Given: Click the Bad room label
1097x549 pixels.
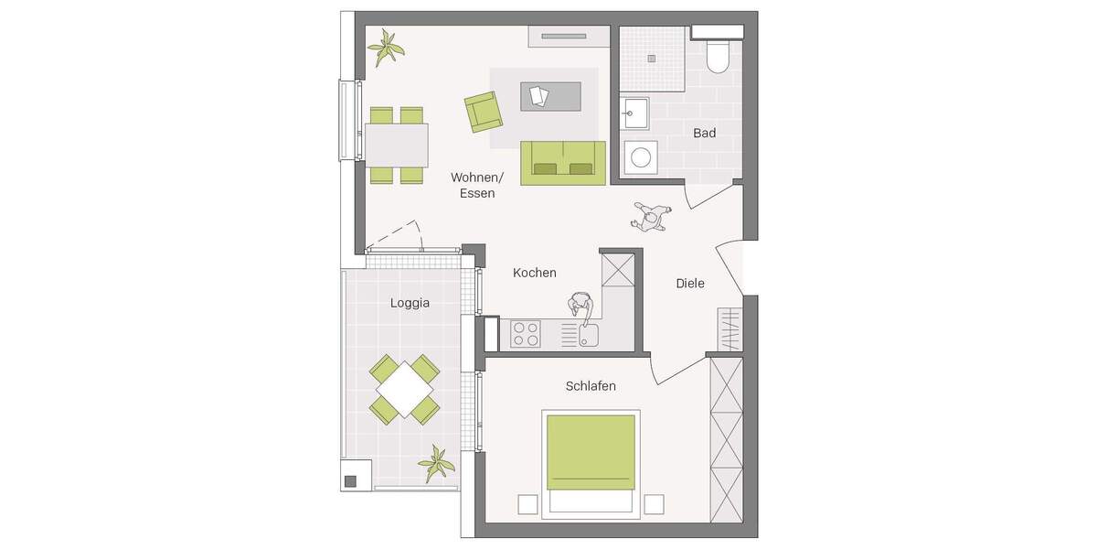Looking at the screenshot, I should coord(704,134).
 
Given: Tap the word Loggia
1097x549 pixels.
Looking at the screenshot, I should coord(410,303).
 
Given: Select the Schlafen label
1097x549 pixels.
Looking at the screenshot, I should coord(591,386).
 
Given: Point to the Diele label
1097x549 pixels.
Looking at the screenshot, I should coord(690,284).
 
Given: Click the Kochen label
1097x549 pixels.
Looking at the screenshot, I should coord(535,273).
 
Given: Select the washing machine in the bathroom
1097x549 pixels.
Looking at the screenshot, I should coord(639,157).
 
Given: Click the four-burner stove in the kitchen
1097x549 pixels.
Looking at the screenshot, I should coord(525,333).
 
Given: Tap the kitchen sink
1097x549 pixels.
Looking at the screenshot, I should coord(588,335).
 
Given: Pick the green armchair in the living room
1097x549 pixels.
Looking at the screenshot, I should coord(483,112).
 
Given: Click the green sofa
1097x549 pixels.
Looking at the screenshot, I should coord(563,162).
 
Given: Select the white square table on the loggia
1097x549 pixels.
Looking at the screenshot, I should coord(404,389).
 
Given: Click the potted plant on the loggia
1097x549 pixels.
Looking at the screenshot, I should coord(436,464).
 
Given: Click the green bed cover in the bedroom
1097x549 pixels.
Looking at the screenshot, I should coord(591,452).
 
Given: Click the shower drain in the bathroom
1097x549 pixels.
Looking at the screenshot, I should coord(652,58).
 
